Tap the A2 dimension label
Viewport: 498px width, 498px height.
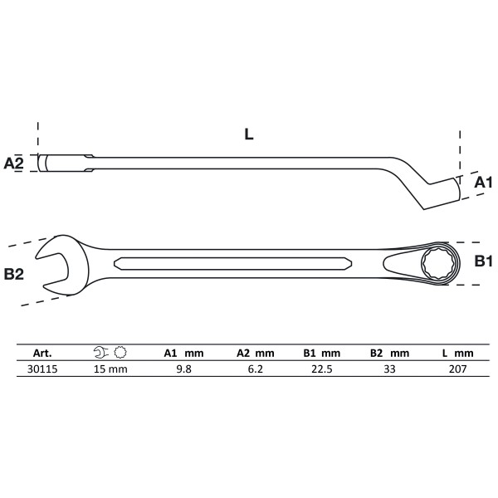click(14, 163)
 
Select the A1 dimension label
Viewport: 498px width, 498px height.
click(483, 183)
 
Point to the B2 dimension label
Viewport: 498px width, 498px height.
click(14, 274)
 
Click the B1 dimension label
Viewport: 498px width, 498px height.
click(483, 261)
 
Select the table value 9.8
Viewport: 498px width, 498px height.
click(182, 369)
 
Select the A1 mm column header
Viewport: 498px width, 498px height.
click(182, 353)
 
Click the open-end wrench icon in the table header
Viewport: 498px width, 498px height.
click(100, 353)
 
